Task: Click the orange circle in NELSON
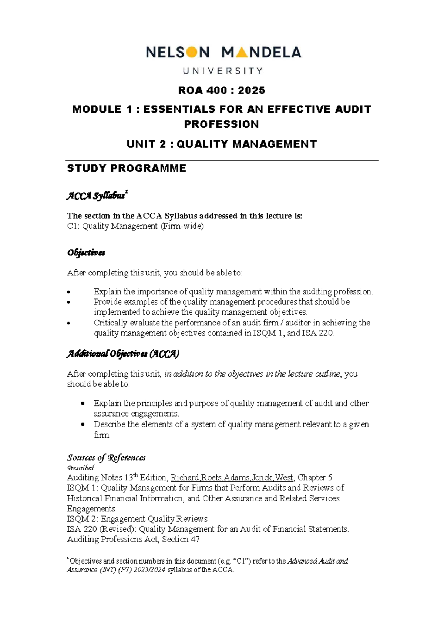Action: [192, 53]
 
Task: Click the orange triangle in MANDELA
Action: [241, 53]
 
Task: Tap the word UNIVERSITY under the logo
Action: [223, 70]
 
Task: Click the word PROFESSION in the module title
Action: [221, 124]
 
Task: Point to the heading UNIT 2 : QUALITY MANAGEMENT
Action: [221, 144]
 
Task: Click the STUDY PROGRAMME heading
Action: [126, 168]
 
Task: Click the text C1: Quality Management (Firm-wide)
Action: [135, 226]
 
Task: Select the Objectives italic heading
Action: [86, 253]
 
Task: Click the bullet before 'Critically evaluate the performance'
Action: [69, 323]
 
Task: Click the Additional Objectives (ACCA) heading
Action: [122, 354]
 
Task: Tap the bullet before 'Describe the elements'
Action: [83, 425]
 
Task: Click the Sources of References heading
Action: [106, 458]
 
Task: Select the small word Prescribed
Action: [80, 468]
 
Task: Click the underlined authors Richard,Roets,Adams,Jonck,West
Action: [232, 478]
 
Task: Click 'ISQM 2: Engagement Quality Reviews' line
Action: [137, 519]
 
